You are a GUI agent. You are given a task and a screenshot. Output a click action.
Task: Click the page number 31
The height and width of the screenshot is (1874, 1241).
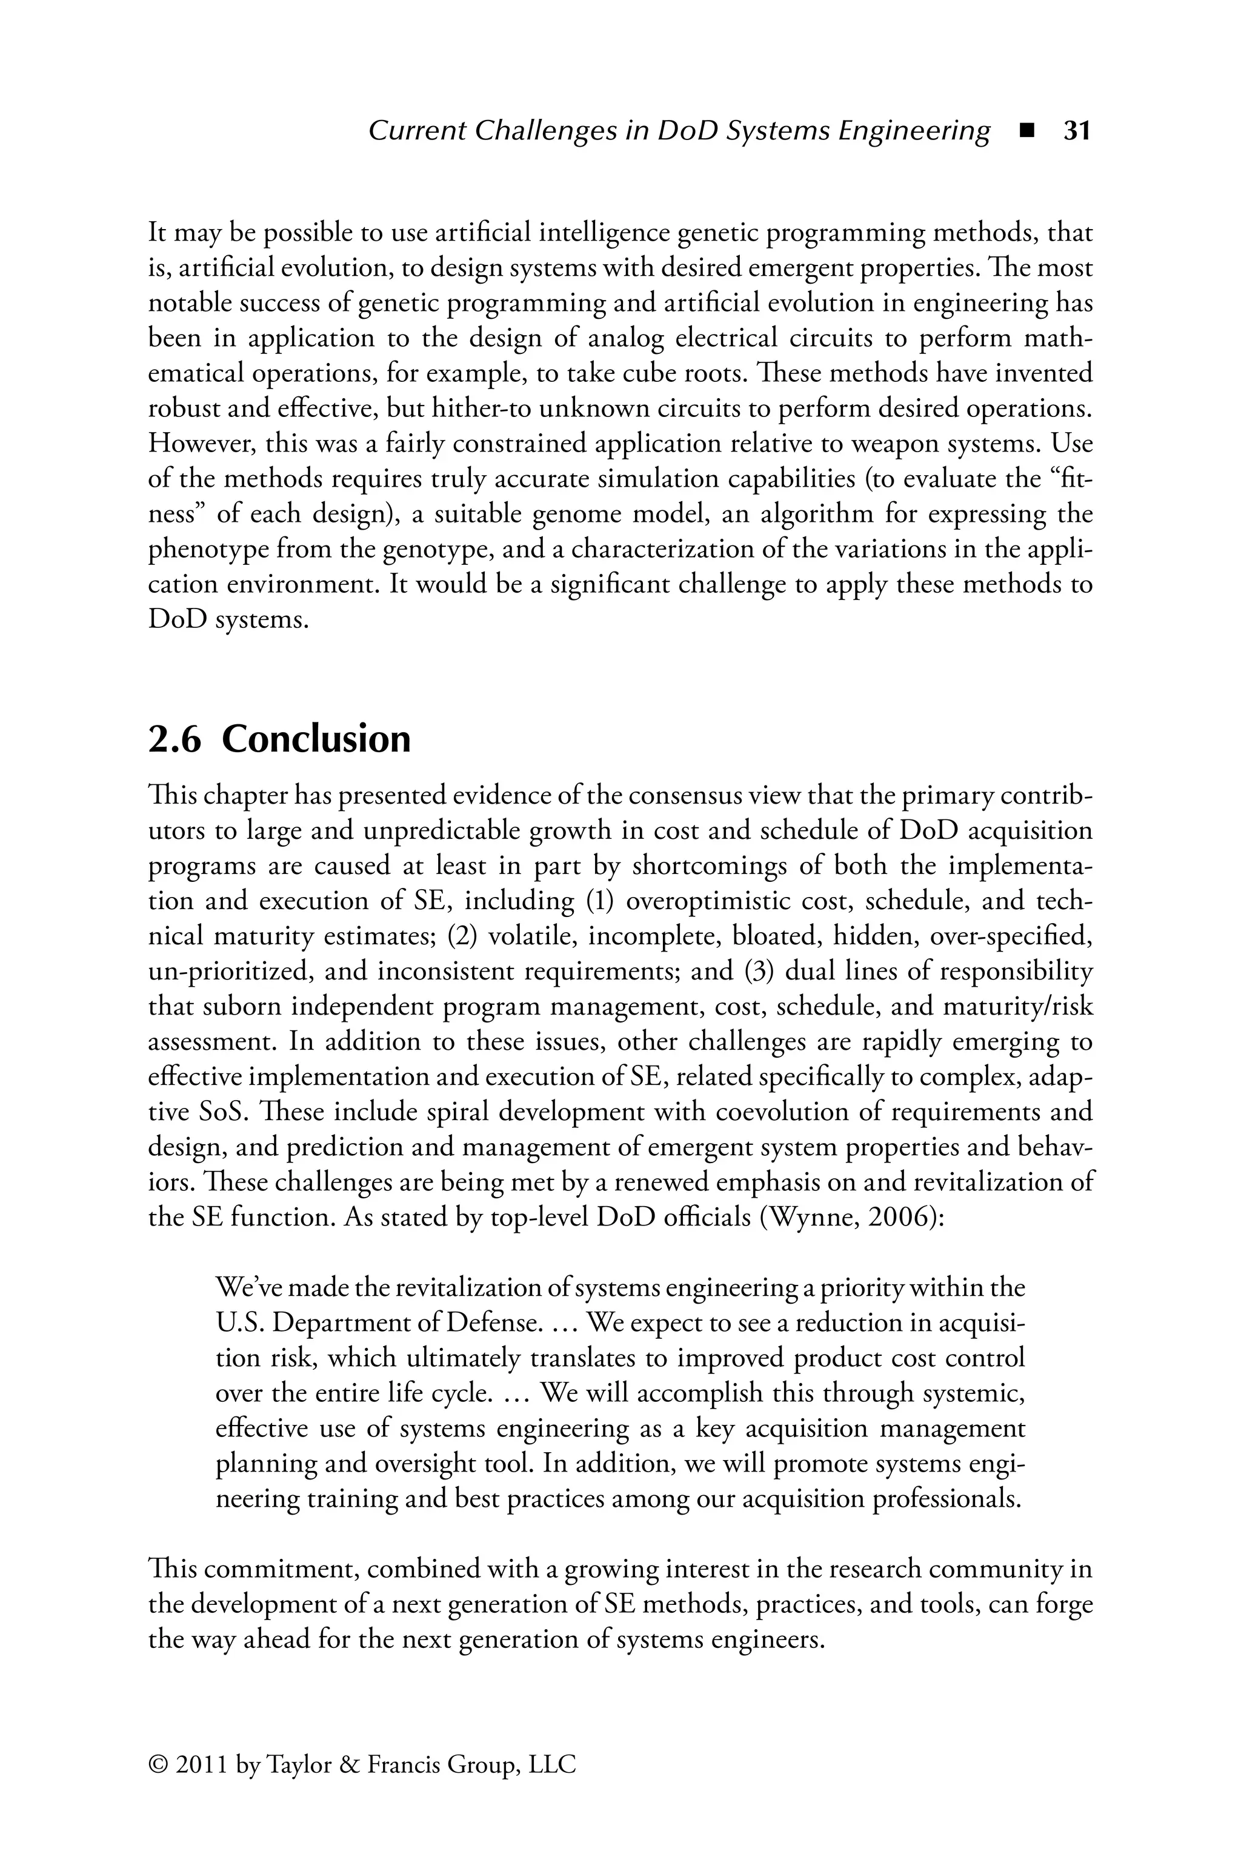(1076, 130)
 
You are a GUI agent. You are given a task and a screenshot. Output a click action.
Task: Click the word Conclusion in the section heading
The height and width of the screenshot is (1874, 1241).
(316, 739)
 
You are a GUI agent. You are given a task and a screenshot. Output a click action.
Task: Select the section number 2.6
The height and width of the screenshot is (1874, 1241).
(175, 739)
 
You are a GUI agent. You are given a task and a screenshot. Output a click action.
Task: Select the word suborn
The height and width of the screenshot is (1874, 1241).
(241, 1007)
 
